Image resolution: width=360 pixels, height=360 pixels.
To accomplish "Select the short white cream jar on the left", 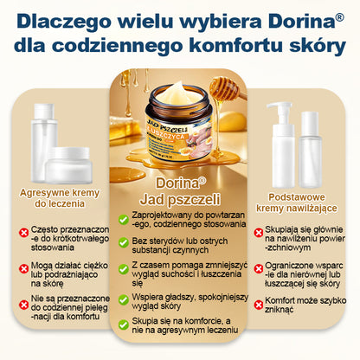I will click(x=68, y=162).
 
